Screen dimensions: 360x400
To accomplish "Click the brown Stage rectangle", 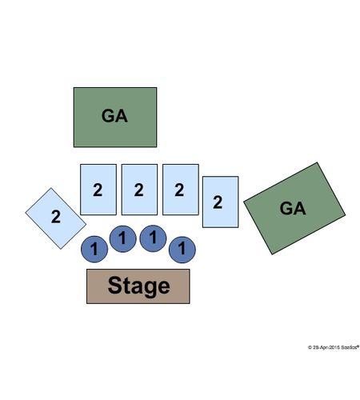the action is pyautogui.click(x=138, y=286).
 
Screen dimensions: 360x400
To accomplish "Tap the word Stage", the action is pyautogui.click(x=138, y=286).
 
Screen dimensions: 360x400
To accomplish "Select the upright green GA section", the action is pyautogui.click(x=115, y=117).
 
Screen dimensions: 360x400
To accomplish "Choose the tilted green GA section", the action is pyautogui.click(x=294, y=208).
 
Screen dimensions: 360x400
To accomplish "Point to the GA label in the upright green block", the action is pyautogui.click(x=114, y=116).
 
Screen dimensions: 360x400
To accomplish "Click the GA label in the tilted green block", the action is pyautogui.click(x=293, y=208).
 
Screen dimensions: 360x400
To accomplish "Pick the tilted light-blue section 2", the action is pyautogui.click(x=56, y=218).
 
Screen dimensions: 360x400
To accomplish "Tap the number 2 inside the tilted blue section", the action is pyautogui.click(x=56, y=217).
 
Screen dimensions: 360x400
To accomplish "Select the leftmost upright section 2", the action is pyautogui.click(x=98, y=190).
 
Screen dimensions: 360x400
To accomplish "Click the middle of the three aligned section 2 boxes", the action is pyautogui.click(x=139, y=190).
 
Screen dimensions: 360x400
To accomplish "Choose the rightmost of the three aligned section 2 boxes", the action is pyautogui.click(x=181, y=190).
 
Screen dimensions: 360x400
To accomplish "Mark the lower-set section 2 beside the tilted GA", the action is pyautogui.click(x=221, y=202).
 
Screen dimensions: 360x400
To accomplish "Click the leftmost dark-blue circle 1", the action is pyautogui.click(x=94, y=249).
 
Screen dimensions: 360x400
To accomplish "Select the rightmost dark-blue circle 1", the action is pyautogui.click(x=182, y=250).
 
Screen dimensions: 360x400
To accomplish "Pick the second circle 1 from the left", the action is pyautogui.click(x=123, y=238).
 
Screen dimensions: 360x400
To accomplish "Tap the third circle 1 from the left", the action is pyautogui.click(x=153, y=238).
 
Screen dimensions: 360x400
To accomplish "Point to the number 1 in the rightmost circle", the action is pyautogui.click(x=182, y=248).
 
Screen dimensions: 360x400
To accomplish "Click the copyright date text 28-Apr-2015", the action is pyautogui.click(x=326, y=347).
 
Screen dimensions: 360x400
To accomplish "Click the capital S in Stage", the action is pyautogui.click(x=116, y=285).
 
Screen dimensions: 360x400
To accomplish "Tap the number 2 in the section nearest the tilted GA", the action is pyautogui.click(x=218, y=202).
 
